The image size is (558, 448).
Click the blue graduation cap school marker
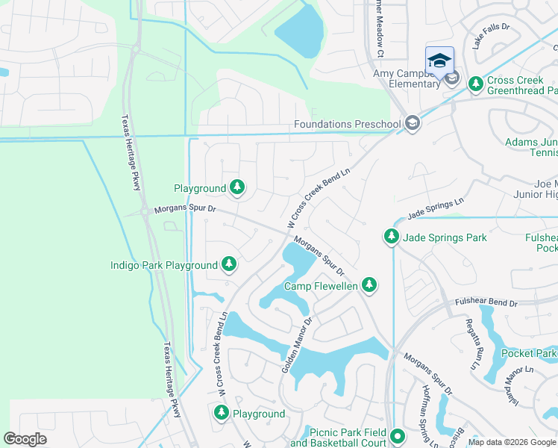(x=439, y=60)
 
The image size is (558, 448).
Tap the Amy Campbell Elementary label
(x=407, y=78)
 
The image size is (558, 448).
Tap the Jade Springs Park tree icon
(x=391, y=237)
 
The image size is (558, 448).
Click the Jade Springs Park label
(x=445, y=238)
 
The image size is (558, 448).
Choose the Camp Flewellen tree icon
(x=369, y=284)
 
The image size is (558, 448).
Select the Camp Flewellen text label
(x=321, y=286)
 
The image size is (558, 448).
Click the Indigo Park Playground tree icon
(x=229, y=264)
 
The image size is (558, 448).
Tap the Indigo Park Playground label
(x=163, y=265)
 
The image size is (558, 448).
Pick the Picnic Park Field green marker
(x=397, y=436)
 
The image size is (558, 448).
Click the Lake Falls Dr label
(x=490, y=37)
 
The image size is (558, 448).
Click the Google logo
(x=25, y=439)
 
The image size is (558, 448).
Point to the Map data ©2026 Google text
(x=512, y=442)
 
